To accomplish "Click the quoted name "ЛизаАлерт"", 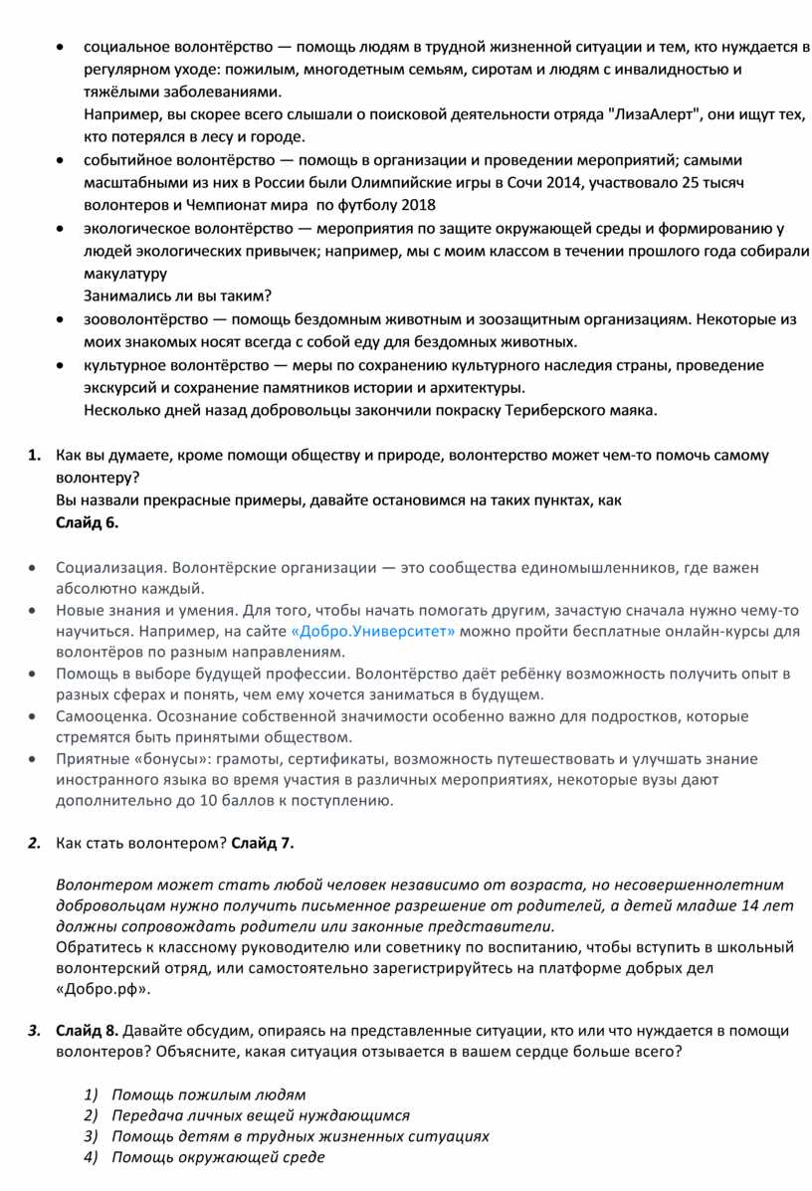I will coord(652,114).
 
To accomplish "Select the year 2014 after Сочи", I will coord(570,183).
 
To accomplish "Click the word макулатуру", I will coord(125,274).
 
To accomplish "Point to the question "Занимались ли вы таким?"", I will coord(177,296).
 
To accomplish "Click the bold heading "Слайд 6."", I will coord(88,521).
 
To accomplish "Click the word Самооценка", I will coord(100,716).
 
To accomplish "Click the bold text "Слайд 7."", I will coord(263,844).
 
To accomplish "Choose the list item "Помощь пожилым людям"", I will coord(208,1094).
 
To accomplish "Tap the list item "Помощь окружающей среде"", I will coord(218,1157).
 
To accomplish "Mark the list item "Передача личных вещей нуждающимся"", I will coord(260,1115).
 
